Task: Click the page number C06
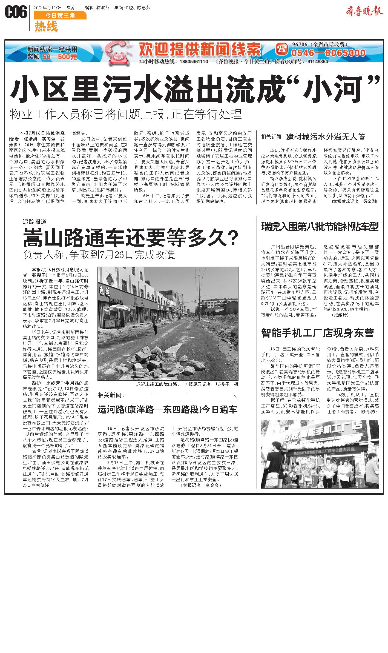(x=16, y=12)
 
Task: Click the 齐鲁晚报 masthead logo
(x=363, y=12)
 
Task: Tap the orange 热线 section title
(x=46, y=27)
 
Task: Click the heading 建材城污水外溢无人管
(x=326, y=136)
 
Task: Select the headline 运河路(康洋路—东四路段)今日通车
(x=168, y=410)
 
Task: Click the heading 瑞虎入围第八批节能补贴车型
(x=320, y=227)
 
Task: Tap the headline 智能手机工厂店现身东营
(x=317, y=333)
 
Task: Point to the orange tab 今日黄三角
(x=60, y=16)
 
